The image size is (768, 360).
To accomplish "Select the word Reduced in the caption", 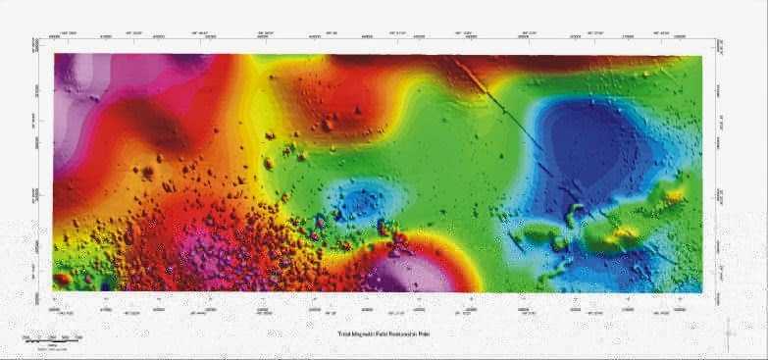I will click(x=399, y=334).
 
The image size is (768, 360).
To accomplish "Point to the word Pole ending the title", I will click(x=424, y=334).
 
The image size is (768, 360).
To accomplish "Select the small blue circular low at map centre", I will click(x=362, y=201).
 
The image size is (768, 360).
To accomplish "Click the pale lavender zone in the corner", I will click(x=74, y=88).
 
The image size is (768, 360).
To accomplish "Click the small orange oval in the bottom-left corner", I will click(x=63, y=279).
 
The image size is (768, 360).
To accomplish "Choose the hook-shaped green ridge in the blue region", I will click(x=573, y=216).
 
